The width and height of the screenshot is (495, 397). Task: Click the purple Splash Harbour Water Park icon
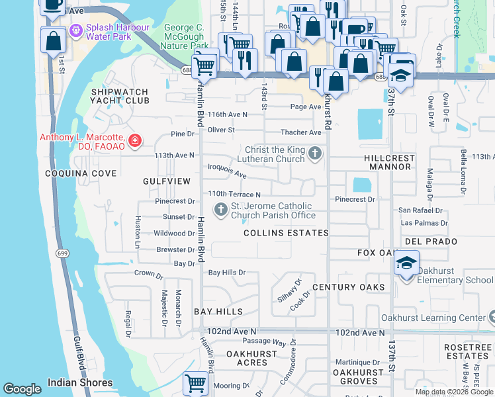pos(75,30)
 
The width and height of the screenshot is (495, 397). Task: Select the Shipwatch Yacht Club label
pos(120,96)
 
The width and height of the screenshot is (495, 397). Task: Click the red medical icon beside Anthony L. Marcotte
pos(135,140)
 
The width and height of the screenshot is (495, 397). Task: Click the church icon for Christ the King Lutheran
pos(315,154)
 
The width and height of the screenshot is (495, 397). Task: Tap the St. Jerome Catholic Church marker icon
pos(220,210)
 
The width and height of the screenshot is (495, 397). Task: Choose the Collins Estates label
pos(286,233)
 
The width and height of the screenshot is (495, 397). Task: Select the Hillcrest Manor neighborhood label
pos(389,163)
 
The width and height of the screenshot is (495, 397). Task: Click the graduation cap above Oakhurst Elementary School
pos(406,263)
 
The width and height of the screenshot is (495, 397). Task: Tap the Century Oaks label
pos(348,287)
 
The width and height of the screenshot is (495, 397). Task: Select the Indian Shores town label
pos(79,382)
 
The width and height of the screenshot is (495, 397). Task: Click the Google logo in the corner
pos(22,389)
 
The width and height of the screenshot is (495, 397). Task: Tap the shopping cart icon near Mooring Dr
pos(195,383)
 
